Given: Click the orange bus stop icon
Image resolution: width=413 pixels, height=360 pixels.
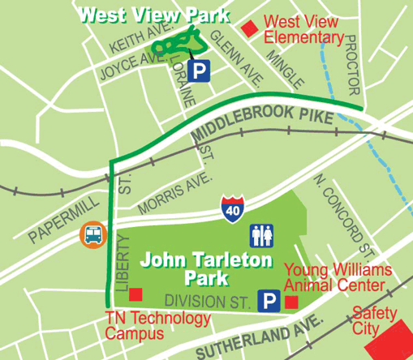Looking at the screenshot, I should (x=92, y=235).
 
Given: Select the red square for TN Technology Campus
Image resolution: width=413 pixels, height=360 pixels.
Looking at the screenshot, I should (x=137, y=294).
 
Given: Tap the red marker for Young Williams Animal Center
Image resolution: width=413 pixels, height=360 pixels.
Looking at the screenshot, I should (x=291, y=302).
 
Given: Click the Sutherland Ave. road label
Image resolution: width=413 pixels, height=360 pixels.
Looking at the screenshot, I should (x=254, y=339).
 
